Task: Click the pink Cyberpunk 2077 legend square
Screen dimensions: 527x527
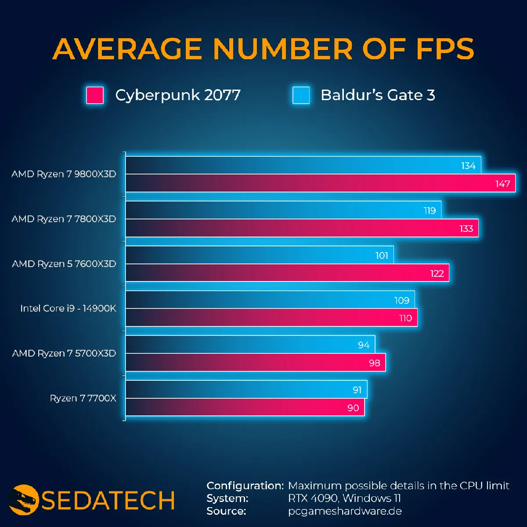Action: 95,95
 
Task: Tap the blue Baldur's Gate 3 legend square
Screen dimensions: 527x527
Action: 301,95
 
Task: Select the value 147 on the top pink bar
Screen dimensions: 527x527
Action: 502,184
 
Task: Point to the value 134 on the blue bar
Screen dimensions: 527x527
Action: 468,166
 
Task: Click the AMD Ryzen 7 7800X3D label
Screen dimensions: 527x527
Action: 64,219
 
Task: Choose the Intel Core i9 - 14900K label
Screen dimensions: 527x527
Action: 68,308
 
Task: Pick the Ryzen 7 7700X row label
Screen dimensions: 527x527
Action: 83,398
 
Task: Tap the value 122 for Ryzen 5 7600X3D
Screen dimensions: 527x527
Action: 437,274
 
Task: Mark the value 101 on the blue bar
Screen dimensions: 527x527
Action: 382,256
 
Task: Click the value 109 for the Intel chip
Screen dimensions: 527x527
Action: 401,300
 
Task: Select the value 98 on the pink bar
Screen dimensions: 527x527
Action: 374,363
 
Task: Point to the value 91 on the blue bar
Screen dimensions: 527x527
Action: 357,390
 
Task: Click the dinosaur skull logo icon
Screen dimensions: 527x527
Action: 24,499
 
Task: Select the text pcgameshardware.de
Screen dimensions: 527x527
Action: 345,511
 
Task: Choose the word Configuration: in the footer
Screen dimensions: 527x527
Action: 245,486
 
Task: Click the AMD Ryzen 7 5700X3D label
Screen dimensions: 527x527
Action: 64,353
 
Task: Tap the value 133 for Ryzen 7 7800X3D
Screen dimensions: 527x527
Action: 466,228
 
